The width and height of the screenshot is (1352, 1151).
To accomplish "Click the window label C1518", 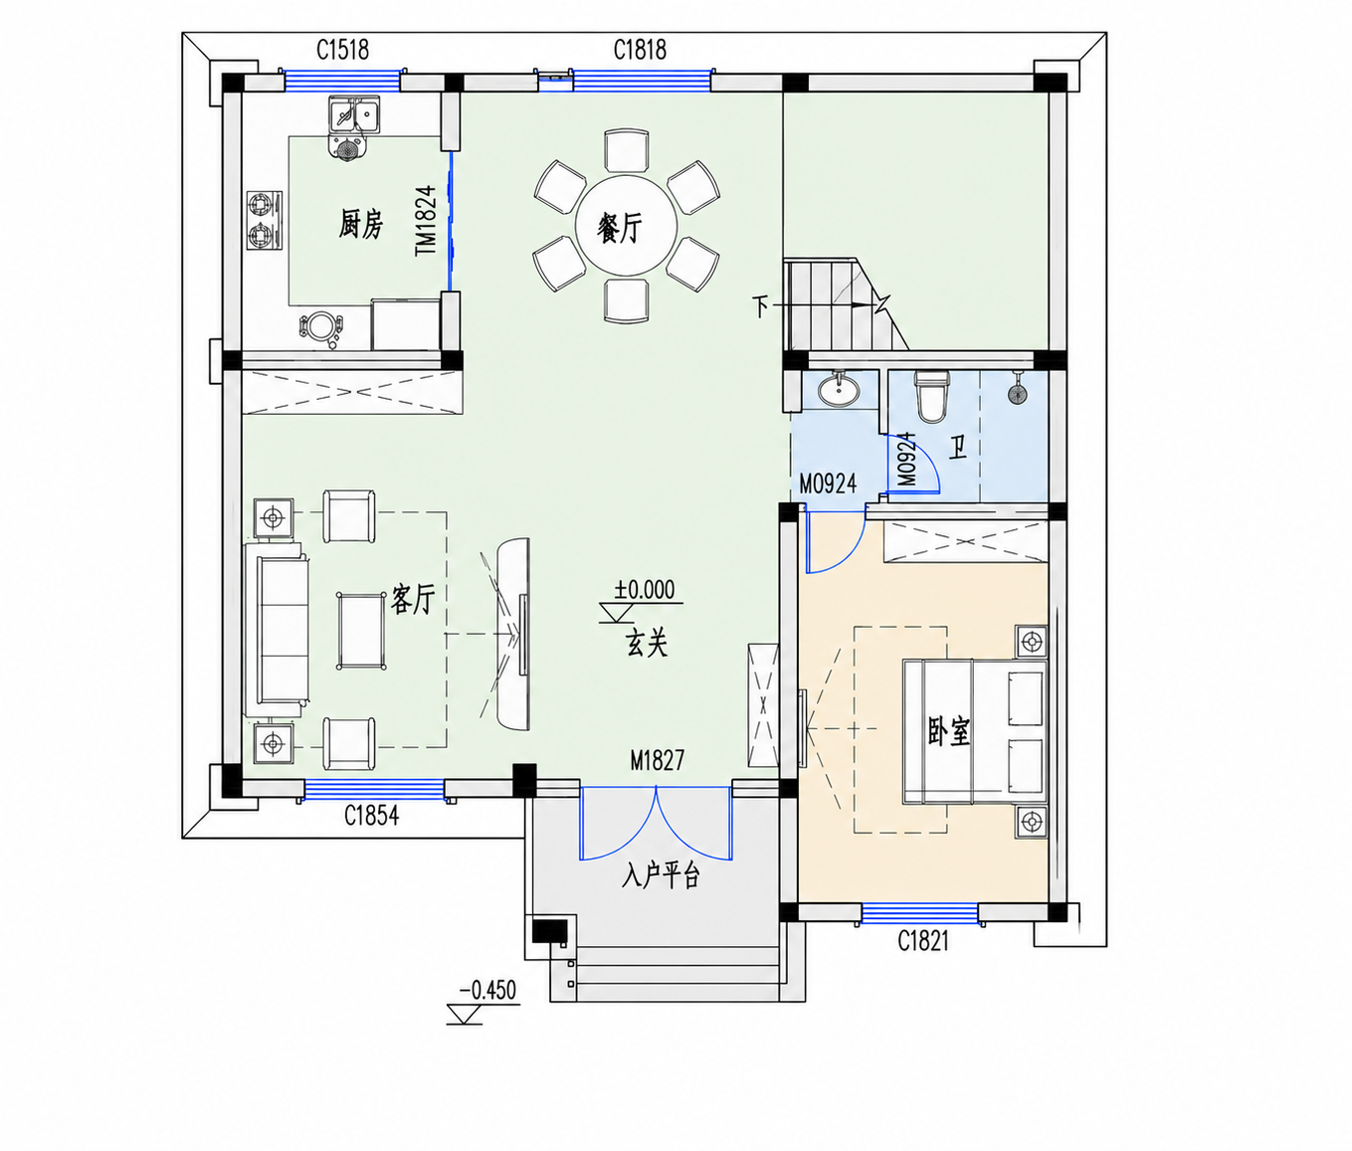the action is [343, 51].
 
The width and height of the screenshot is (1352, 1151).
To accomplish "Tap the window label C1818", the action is [640, 51].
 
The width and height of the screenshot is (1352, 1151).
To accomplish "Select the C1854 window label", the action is [371, 816].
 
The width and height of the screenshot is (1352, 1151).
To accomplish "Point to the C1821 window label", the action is [923, 941].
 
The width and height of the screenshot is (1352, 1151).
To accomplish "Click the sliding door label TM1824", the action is [426, 221].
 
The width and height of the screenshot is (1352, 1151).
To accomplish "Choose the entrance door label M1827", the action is [658, 760].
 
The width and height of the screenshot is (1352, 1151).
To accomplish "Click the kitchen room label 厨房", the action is [360, 224].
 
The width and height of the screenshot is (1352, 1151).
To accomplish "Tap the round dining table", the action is [626, 226].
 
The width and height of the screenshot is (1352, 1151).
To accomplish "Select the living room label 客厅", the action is [413, 599].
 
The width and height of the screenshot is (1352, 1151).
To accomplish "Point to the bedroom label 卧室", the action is [948, 731].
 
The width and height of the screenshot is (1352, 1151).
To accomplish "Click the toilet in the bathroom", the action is [931, 396].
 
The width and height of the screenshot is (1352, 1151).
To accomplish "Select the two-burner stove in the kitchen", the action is [265, 221].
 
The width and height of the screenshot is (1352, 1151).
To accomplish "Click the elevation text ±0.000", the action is [645, 590].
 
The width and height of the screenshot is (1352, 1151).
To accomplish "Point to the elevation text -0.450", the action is [488, 991].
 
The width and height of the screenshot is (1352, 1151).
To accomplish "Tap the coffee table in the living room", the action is [360, 631].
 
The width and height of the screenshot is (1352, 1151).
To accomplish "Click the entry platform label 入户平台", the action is [661, 875].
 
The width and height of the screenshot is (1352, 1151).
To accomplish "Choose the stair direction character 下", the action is [760, 306].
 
